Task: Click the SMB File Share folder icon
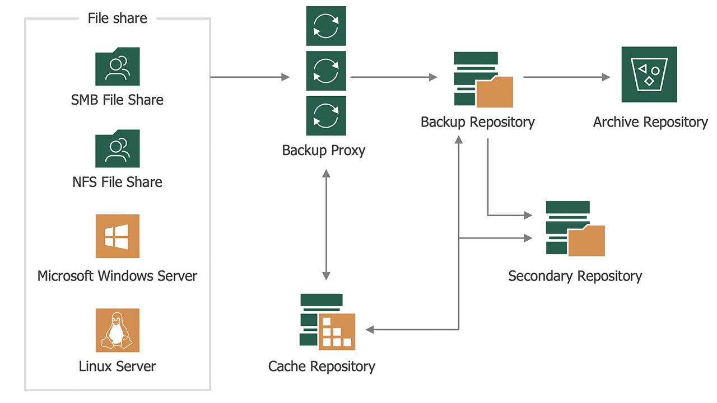point(117,67)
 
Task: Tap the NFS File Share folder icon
point(117,149)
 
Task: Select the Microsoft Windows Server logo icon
point(117,236)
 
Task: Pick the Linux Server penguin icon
point(117,330)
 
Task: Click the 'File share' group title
point(117,18)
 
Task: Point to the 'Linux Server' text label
point(117,367)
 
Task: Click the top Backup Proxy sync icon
point(326,26)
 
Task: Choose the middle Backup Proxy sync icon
point(326,71)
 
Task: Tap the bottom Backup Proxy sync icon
point(326,115)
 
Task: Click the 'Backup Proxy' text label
point(324,151)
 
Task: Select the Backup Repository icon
point(483,79)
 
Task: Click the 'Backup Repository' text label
point(478,122)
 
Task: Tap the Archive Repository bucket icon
point(649,74)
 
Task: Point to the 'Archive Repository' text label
point(650,122)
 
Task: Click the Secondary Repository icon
point(575,228)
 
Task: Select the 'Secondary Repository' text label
point(575,276)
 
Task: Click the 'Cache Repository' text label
point(322,367)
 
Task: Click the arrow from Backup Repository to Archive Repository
point(566,77)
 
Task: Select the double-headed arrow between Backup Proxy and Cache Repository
point(326,224)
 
